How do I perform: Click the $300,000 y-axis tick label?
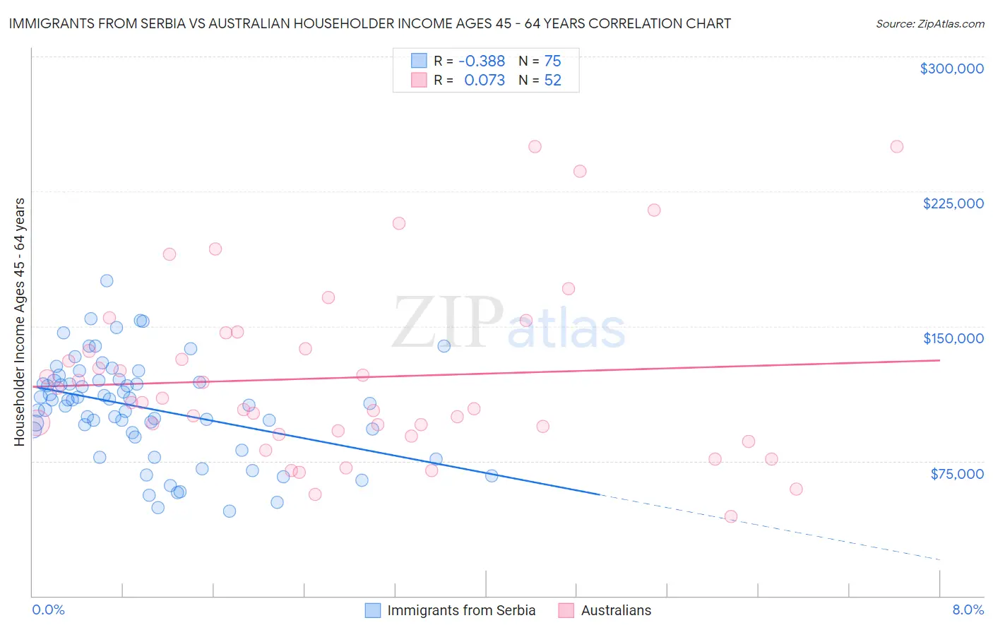(x=951, y=69)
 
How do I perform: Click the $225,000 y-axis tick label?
(x=953, y=203)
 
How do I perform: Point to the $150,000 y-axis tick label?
(x=953, y=338)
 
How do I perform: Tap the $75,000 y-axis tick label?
(x=956, y=474)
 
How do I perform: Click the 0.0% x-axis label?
(x=48, y=610)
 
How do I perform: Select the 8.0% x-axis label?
(x=968, y=610)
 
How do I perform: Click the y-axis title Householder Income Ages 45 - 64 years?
(x=20, y=322)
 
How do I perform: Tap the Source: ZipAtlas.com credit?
(x=929, y=23)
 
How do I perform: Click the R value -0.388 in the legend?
(x=482, y=61)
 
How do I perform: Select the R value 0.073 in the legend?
(x=484, y=81)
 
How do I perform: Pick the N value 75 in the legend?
(x=552, y=61)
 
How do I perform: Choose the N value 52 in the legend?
(x=552, y=81)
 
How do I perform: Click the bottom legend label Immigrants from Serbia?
(x=461, y=610)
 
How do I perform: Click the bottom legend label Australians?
(x=616, y=610)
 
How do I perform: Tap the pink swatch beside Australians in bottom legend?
(x=566, y=610)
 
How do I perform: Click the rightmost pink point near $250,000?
(x=896, y=147)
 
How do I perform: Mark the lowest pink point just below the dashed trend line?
(x=731, y=516)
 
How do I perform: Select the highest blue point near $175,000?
(x=107, y=280)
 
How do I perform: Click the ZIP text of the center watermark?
(x=446, y=323)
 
